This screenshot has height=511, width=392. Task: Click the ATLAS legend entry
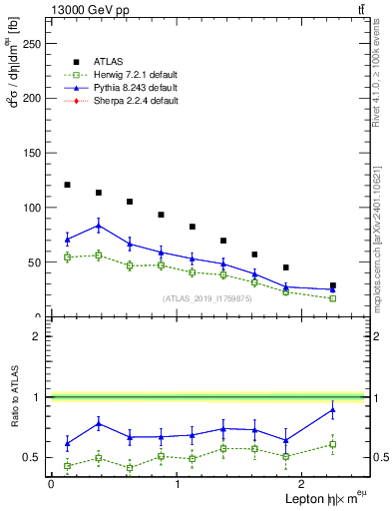click(x=109, y=62)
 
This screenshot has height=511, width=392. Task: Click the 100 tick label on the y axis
click(x=31, y=208)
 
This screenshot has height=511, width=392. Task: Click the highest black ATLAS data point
click(x=67, y=185)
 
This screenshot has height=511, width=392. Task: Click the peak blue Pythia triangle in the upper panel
click(x=98, y=226)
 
